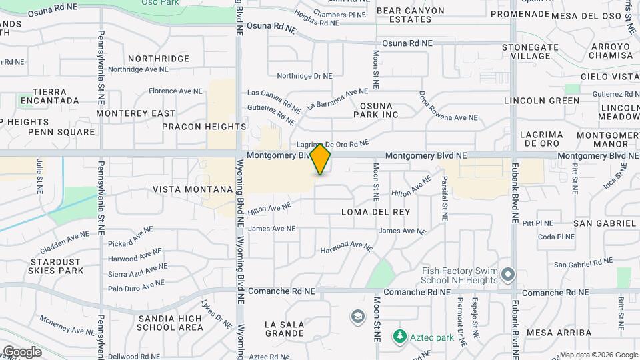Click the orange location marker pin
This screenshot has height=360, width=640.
click(x=321, y=159)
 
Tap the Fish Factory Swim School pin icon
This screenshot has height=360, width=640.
click(x=509, y=275)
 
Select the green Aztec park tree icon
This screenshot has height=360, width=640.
click(x=399, y=337)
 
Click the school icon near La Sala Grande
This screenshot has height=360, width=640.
click(x=358, y=315)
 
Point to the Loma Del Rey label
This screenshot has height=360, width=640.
click(x=375, y=211)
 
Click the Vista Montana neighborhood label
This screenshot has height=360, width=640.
click(x=193, y=189)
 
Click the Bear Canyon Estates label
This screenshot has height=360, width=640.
click(x=410, y=15)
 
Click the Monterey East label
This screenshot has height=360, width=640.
click(x=135, y=113)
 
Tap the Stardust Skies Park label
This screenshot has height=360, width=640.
click(x=55, y=266)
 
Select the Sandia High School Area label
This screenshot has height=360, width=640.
click(x=170, y=323)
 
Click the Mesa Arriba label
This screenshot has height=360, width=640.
click(x=559, y=332)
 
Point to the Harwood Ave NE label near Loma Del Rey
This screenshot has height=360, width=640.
click(x=347, y=247)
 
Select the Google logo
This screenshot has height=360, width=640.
click(x=22, y=351)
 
